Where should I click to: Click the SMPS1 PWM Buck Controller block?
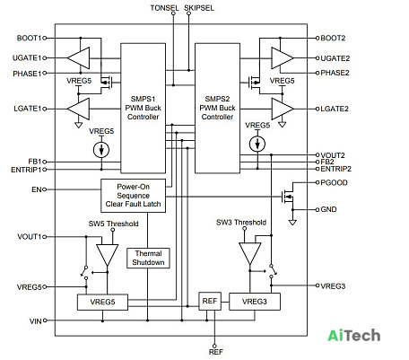143,108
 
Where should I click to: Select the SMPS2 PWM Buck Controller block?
217,108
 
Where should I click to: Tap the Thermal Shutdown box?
148,258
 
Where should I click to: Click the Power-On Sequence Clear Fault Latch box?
133,196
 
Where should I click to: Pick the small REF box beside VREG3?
210,301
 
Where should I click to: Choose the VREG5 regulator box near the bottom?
102,302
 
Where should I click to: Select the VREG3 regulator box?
255,302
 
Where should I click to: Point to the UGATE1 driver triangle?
78,58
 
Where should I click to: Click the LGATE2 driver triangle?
283,109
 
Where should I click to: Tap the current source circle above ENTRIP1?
101,150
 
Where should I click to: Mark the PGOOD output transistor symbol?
288,197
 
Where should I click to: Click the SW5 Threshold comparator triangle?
107,255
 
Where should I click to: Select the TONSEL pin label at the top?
164,8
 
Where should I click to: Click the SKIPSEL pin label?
199,8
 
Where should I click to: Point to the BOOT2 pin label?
333,38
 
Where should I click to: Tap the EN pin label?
37,189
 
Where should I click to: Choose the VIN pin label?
36,321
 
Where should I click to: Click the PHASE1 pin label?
27,74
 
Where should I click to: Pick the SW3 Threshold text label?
241,223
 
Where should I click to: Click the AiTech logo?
354,336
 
